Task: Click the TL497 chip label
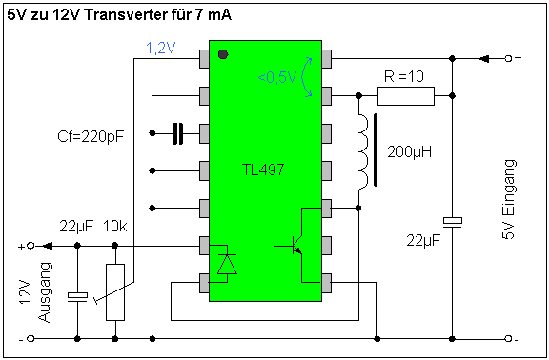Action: (263, 170)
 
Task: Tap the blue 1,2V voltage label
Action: (160, 48)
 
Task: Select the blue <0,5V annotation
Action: (277, 77)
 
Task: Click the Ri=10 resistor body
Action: (406, 96)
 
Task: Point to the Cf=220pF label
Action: (91, 137)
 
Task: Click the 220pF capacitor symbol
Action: (178, 133)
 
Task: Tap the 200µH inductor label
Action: (409, 151)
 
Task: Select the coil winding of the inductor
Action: (364, 151)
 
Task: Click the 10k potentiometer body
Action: (115, 292)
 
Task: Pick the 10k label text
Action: (115, 227)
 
